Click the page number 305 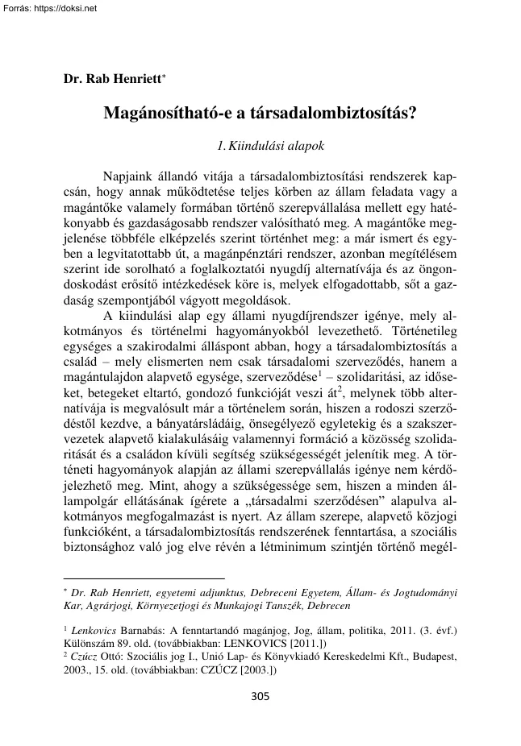260,696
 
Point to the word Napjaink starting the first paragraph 130,176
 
